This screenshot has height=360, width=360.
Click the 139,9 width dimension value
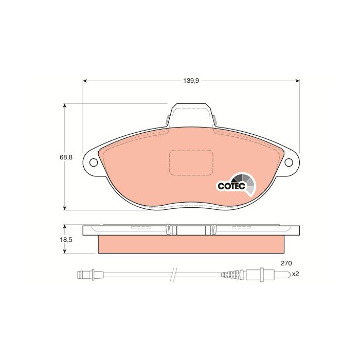click(x=191, y=81)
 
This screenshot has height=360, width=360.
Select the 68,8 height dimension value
click(x=66, y=157)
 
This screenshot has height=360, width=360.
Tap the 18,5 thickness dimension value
click(x=66, y=240)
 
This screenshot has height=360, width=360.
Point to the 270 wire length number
click(x=286, y=263)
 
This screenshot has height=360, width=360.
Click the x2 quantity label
click(x=295, y=274)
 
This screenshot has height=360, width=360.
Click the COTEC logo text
click(x=231, y=186)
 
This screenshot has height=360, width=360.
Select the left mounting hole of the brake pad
click(x=94, y=163)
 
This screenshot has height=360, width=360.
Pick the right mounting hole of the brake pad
click(x=289, y=163)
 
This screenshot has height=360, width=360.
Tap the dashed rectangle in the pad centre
click(x=191, y=163)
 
